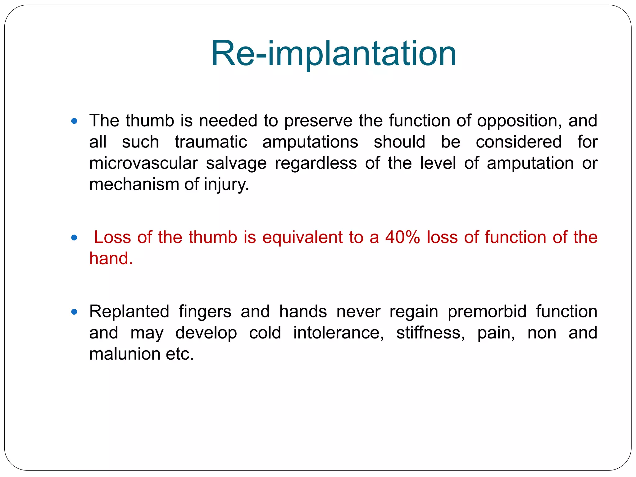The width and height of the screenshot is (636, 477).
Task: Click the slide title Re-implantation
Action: click(x=334, y=53)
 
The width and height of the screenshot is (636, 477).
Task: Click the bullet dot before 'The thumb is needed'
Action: click(x=74, y=121)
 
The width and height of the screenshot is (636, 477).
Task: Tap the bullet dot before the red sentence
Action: click(x=74, y=238)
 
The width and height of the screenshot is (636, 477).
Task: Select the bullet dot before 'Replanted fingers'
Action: click(x=74, y=312)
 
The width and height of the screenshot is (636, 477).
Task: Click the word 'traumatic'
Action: click(x=211, y=142)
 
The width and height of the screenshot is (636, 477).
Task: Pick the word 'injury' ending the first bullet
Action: click(x=226, y=185)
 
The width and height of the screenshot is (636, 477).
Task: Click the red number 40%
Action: click(x=402, y=238)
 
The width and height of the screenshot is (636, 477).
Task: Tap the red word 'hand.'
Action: click(x=111, y=259)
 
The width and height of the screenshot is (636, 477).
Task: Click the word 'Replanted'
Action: click(x=129, y=312)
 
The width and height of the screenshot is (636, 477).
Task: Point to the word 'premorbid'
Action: click(x=487, y=312)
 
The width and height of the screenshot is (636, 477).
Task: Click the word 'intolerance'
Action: click(x=338, y=333)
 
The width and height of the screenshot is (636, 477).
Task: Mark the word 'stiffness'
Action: click(x=430, y=333)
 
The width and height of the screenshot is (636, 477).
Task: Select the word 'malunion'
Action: click(x=125, y=354)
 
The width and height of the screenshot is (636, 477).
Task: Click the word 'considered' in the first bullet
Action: click(x=519, y=142)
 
